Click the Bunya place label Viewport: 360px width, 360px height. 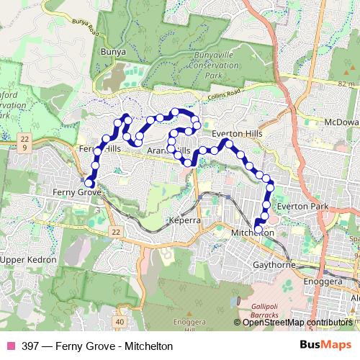click(113, 52)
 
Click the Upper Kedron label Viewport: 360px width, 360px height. click(23, 258)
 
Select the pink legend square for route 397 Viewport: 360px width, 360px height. click(10, 346)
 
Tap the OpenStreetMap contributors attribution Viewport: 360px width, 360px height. click(297, 323)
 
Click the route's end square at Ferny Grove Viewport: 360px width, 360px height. click(89, 184)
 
